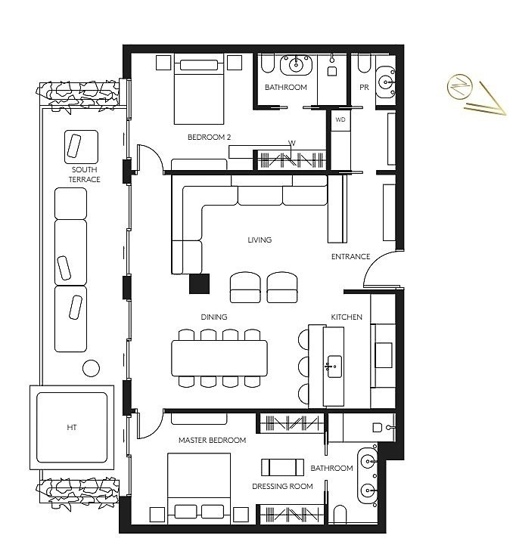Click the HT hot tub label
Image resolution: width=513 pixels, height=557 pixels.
coord(72,427)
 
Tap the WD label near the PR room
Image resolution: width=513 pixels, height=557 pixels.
coord(340,119)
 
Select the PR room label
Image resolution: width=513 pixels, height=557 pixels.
coord(364,88)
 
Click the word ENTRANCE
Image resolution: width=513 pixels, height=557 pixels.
coord(350,256)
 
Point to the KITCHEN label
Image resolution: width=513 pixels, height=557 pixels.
coord(347,317)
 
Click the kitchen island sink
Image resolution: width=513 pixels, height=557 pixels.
coord(334,367)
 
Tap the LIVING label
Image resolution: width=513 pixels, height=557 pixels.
coord(260,240)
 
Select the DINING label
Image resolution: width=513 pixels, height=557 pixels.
coord(214,317)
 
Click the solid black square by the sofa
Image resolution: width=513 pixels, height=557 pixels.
coord(199,283)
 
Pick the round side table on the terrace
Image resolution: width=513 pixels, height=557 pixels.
coord(91,368)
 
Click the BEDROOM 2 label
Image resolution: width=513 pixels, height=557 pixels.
coord(209,137)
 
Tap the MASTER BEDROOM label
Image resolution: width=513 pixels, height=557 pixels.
coord(213,441)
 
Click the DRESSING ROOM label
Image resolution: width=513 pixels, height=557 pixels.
coord(282,486)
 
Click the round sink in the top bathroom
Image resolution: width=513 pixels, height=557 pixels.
coord(296,65)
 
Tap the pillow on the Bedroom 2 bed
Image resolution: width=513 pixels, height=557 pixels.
coord(199,65)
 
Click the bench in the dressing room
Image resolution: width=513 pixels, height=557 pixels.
coord(282,468)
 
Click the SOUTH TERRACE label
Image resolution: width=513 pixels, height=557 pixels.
coord(84,175)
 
